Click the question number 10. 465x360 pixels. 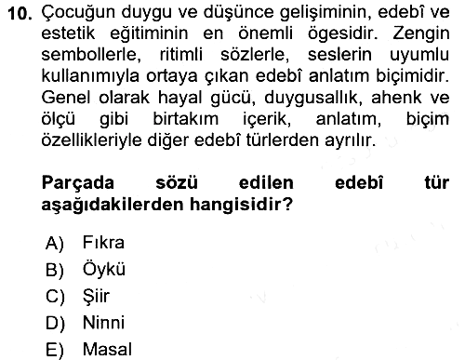coord(20,13)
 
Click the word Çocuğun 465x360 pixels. coord(78,13)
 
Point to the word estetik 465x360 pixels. coord(68,33)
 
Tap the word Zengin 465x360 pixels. coord(421,34)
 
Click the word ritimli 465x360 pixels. coord(181,55)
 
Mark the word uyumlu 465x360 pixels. coord(419,56)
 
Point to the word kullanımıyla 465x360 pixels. coord(90,76)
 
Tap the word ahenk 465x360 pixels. coord(395,98)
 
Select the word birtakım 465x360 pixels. coord(186,119)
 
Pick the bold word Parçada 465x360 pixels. coord(78,183)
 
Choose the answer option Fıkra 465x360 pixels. coord(103,242)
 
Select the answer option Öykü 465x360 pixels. coord(104,268)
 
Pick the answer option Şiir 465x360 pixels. coord(96,296)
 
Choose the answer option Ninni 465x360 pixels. coord(103,323)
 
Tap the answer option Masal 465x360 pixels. coord(107,349)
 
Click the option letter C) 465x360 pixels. coord(55,297)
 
